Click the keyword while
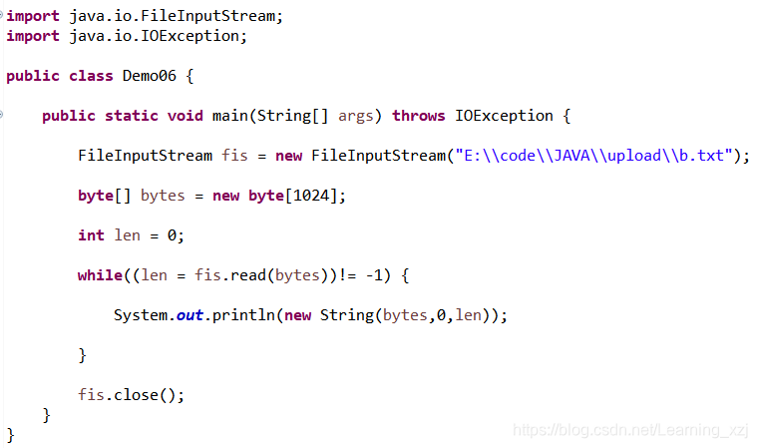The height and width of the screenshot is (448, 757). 100,275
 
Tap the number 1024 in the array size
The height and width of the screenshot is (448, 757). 313,196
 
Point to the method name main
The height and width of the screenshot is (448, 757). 229,116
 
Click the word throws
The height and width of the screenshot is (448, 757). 418,116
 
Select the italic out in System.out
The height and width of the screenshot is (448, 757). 189,315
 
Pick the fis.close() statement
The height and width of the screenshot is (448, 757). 132,395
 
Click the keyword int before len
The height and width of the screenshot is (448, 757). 91,235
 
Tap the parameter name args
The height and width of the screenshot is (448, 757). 356,116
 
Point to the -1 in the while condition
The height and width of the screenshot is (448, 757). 390,275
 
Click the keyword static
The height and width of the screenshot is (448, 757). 132,116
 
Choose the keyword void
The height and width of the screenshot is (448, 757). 186,116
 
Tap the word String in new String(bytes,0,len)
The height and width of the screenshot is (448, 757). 346,315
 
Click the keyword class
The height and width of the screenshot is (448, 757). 91,76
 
